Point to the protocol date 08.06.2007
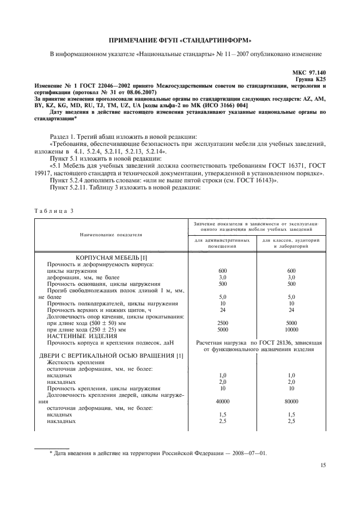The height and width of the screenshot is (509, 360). (x=141, y=92)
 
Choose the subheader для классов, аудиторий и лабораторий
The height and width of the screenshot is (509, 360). (x=291, y=243)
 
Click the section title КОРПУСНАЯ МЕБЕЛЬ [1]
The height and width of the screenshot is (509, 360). (x=111, y=257)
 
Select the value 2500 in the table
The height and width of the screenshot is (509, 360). (x=222, y=323)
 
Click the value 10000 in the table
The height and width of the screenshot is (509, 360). (x=291, y=330)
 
